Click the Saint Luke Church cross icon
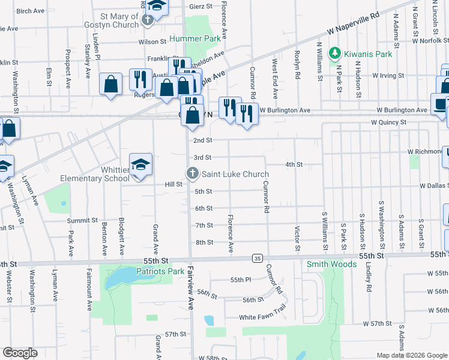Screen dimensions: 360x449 coord(193,174)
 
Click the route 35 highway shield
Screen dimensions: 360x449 coord(257,258)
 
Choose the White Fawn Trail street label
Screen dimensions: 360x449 coord(262,317)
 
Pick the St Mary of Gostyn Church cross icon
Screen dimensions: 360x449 coord(148,20)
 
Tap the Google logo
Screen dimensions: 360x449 coord(20,353)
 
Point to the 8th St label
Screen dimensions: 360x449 coord(204,242)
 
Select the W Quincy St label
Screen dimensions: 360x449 coord(388,122)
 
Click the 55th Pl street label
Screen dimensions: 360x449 coord(240,280)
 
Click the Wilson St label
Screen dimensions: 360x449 coord(152,42)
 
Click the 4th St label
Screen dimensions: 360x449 coord(294,164)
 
